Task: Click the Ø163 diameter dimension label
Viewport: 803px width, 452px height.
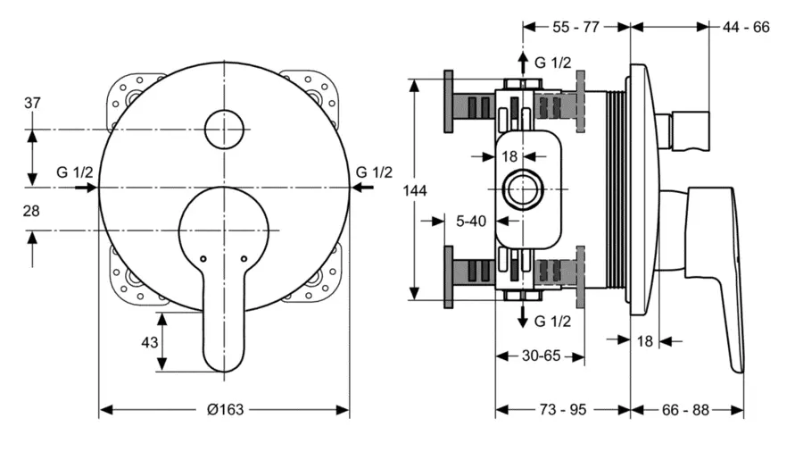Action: (x=225, y=409)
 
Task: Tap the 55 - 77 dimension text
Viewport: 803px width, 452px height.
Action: (x=575, y=27)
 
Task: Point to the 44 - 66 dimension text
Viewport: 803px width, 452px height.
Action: (x=746, y=27)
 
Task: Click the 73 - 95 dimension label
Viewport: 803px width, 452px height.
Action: (x=564, y=409)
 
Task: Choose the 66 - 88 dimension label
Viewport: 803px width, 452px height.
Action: (x=687, y=409)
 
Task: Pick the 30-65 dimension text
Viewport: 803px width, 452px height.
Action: (x=540, y=356)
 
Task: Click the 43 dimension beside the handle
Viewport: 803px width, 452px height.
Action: (x=150, y=342)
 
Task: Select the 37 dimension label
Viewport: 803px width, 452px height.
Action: (x=32, y=103)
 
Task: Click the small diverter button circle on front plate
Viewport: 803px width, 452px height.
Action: (x=224, y=130)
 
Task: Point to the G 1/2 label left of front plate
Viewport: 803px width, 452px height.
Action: (x=74, y=172)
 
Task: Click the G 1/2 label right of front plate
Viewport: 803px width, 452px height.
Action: (x=374, y=172)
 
